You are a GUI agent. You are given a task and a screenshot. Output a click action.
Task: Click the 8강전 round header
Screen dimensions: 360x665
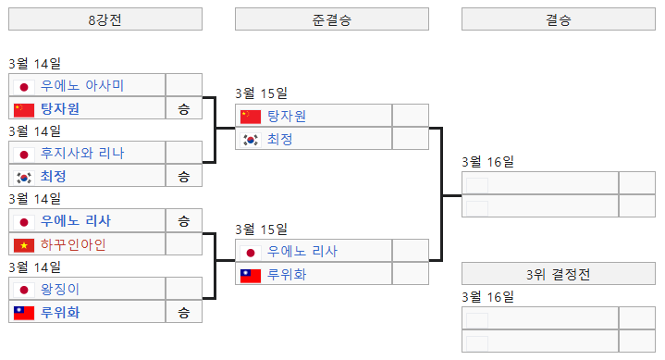105,19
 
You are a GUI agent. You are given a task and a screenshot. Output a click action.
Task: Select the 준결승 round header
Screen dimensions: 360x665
331,19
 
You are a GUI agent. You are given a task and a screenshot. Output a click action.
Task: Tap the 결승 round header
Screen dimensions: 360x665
558,19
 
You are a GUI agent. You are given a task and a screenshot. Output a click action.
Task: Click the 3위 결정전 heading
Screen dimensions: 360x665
558,274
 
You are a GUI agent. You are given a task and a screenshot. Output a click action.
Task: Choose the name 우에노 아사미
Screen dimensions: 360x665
82,85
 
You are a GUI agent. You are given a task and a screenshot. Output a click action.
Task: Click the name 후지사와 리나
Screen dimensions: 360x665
82,153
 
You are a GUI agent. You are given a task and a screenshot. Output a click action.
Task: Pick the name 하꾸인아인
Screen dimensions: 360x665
73,244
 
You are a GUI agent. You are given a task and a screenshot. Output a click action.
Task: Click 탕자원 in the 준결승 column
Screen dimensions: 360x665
286,116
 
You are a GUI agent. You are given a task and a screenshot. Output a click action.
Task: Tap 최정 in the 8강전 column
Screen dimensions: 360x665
54,176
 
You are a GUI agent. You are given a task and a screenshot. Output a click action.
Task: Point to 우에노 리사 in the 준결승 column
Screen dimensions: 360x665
302,251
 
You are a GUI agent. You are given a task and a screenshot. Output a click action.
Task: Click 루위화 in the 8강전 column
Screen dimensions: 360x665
60,312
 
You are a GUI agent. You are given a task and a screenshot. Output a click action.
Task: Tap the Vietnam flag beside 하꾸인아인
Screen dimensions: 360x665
24,244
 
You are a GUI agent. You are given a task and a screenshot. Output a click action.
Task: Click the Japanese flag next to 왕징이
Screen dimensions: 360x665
24,289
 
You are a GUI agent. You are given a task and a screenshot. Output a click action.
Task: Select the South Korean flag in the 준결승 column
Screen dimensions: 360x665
251,139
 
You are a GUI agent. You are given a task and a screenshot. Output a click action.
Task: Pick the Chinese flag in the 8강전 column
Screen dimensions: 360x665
24,109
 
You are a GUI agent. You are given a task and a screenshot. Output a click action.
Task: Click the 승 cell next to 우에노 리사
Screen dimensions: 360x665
183,221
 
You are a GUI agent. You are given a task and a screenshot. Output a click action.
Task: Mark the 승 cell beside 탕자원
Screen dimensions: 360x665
183,109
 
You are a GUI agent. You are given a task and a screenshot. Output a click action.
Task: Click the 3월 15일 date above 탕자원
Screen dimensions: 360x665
261,93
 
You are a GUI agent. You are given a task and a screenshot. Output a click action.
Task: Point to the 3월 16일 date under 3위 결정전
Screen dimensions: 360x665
487,297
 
